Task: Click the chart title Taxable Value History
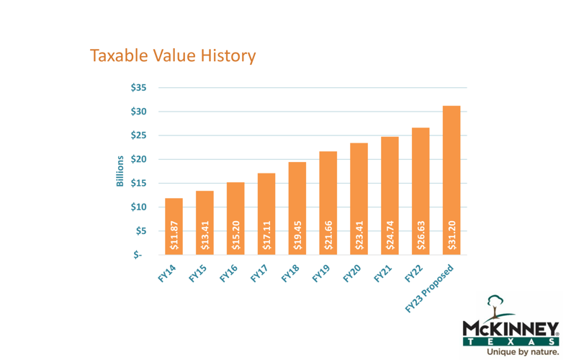[172, 55]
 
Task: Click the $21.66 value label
[328, 234]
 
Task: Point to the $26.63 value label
[421, 234]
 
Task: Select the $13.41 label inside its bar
[205, 234]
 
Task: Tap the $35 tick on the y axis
[138, 88]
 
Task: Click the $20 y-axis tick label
[138, 159]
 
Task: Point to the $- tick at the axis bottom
[137, 255]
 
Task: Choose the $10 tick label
[138, 207]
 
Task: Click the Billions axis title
[120, 171]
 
